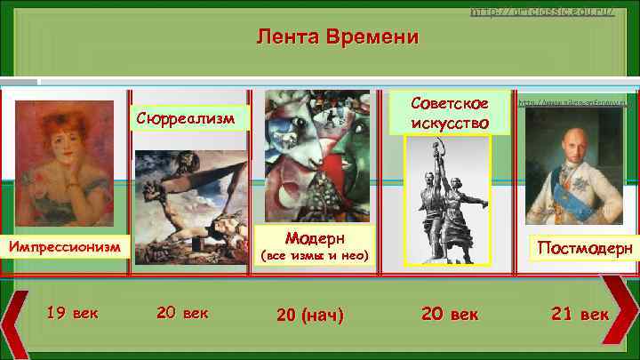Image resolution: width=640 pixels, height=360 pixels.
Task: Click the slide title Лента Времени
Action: click(x=337, y=37)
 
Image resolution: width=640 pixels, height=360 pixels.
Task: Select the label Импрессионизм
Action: click(x=67, y=244)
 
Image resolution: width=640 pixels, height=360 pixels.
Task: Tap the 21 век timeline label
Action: click(x=580, y=314)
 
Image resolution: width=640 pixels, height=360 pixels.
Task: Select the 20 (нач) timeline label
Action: click(x=309, y=315)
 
